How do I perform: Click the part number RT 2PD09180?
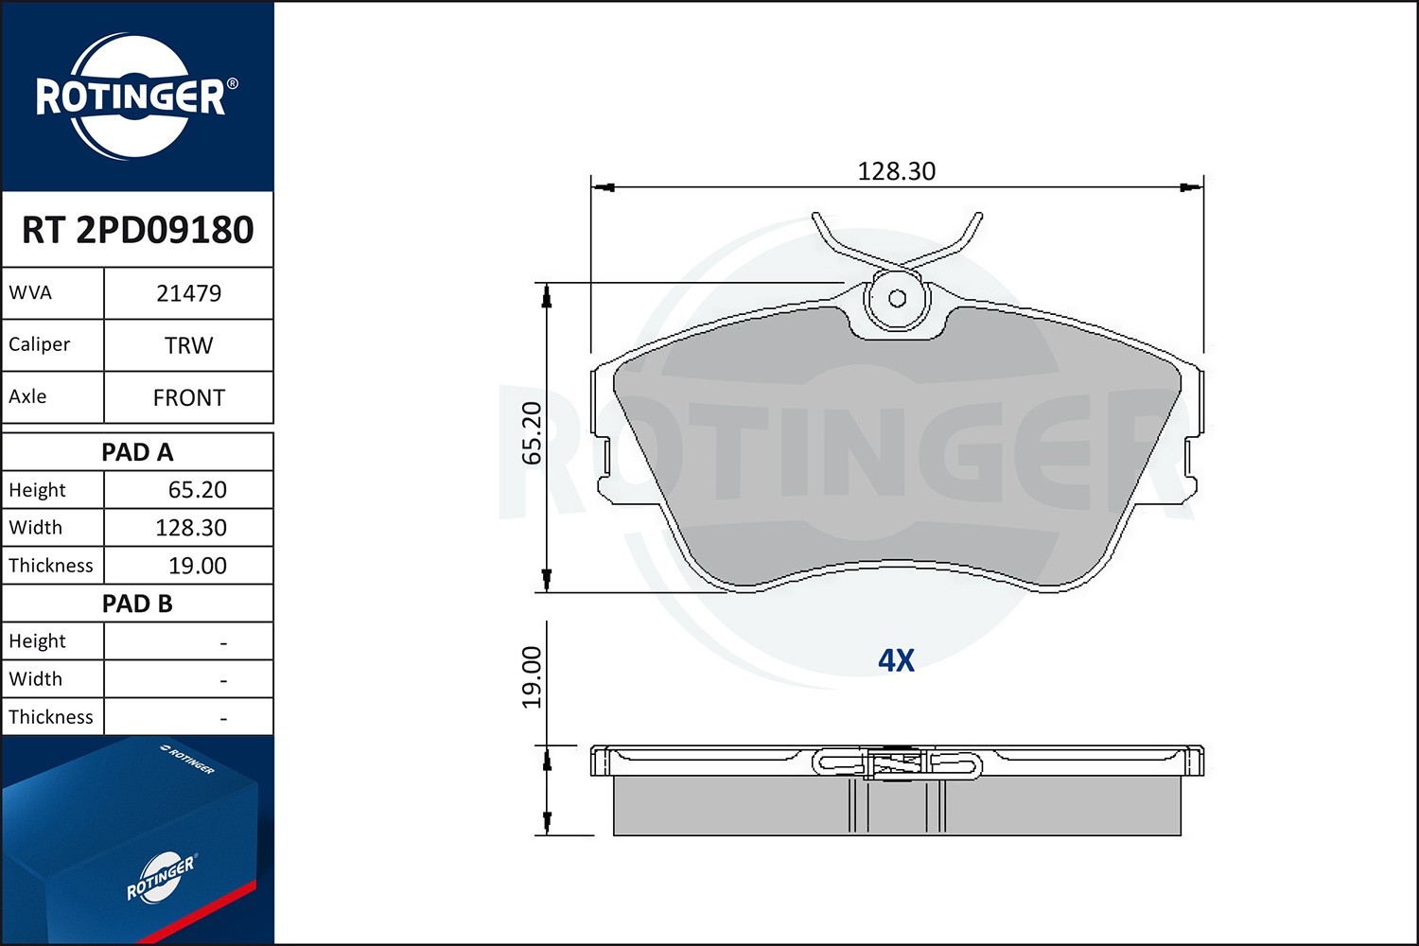coord(137,229)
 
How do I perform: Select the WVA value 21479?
coord(189,293)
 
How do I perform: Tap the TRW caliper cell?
coord(189,345)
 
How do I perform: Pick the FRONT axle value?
coord(189,398)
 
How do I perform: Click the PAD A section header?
coord(137,452)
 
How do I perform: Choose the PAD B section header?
coord(137,604)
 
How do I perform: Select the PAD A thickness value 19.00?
coord(197,565)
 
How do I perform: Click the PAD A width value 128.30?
coord(191,527)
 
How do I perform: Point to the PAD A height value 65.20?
coord(197,490)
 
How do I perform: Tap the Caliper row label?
coord(40,344)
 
